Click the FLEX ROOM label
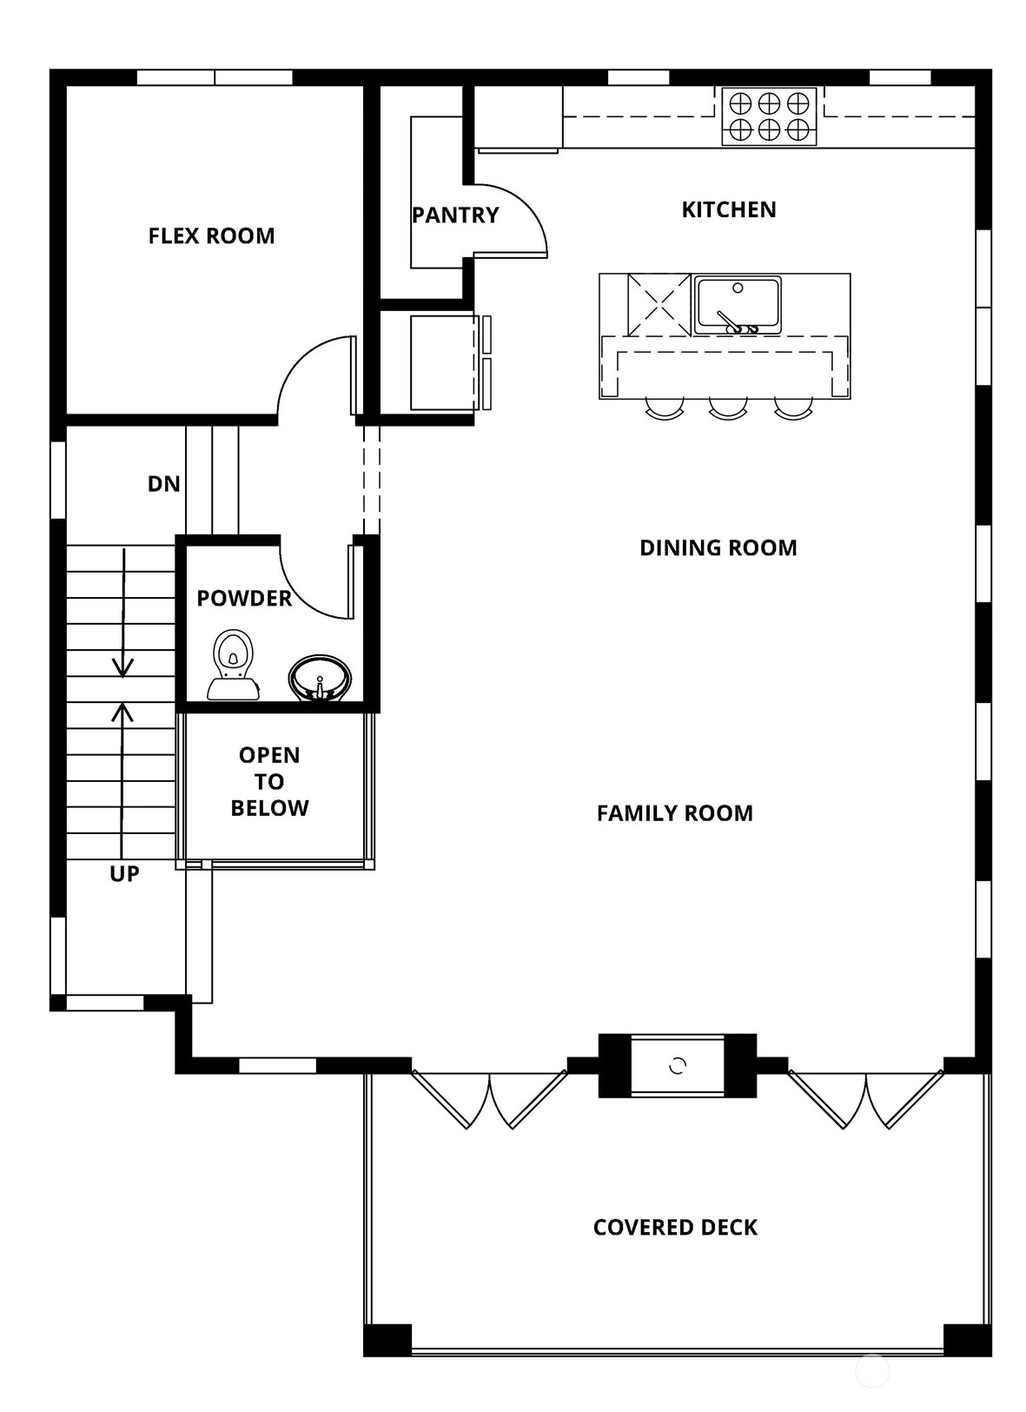coord(211,235)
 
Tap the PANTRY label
coord(455,215)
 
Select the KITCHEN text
coord(729,209)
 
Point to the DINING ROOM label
coord(718,547)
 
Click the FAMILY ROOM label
coord(675,813)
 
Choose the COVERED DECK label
coord(676,1227)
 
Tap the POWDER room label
coord(244,598)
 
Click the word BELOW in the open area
coord(269,807)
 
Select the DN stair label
coord(164,483)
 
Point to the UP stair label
coord(124,873)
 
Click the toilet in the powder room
coord(233,664)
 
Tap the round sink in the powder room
coord(321,678)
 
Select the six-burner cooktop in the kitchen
coord(769,116)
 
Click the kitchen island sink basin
coord(738,305)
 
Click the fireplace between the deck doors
coord(678,1065)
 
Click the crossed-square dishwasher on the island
coord(659,305)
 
